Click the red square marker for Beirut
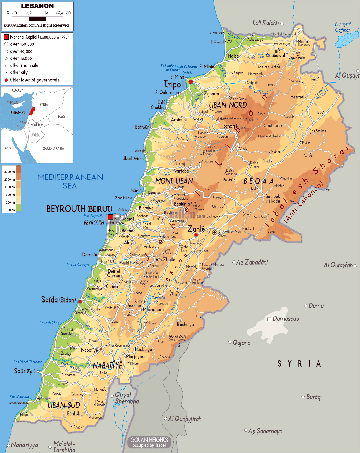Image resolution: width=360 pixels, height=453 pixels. pyautogui.click(x=110, y=217)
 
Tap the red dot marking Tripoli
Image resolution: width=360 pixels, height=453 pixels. pyautogui.click(x=191, y=82)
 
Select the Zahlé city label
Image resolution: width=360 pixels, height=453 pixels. pyautogui.click(x=196, y=229)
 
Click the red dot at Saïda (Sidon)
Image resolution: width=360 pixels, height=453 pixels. pyautogui.click(x=80, y=301)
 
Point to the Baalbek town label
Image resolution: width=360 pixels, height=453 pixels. pyautogui.click(x=273, y=196)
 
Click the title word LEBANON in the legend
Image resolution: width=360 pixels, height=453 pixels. pyautogui.click(x=37, y=6)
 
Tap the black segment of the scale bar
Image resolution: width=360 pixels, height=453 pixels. pyautogui.click(x=37, y=19)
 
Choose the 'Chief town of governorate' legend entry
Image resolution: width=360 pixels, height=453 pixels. pyautogui.click(x=35, y=80)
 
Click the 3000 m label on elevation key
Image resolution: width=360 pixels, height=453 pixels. pyautogui.click(x=9, y=172)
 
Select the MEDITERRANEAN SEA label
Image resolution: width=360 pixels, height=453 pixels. pyautogui.click(x=70, y=181)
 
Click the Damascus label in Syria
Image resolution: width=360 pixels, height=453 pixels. pyautogui.click(x=286, y=319)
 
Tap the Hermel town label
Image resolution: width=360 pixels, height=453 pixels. pyautogui.click(x=297, y=97)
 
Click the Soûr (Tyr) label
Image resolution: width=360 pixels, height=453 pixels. pyautogui.click(x=25, y=371)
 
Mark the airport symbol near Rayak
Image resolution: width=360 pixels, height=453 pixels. pyautogui.click(x=215, y=232)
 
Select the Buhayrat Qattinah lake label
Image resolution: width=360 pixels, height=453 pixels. pyautogui.click(x=343, y=27)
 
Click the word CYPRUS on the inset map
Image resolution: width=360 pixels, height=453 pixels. pyautogui.click(x=12, y=103)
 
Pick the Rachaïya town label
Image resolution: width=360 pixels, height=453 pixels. pyautogui.click(x=185, y=325)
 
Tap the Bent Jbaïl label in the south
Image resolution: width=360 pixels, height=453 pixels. pyautogui.click(x=76, y=413)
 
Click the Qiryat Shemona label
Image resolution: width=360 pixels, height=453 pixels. pyautogui.click(x=127, y=398)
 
